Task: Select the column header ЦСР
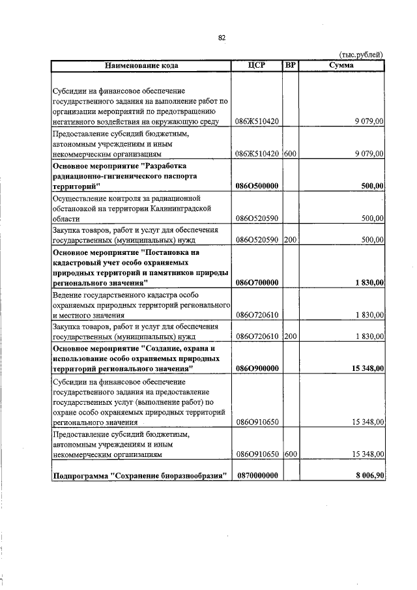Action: point(257,65)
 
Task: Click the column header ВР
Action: point(291,65)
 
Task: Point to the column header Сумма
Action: point(341,65)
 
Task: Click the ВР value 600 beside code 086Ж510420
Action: point(291,153)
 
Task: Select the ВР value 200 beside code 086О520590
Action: point(291,239)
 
